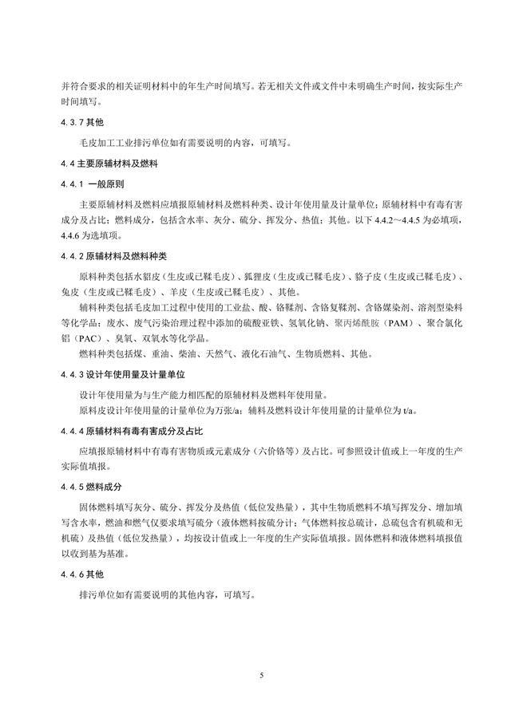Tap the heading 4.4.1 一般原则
[90, 183]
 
